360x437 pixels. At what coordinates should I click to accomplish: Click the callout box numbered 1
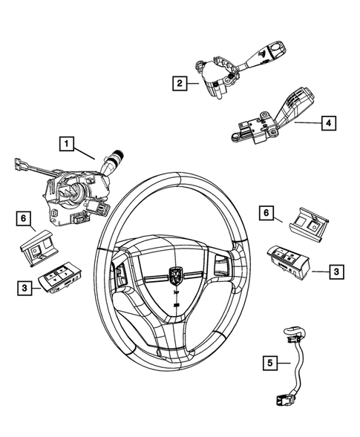point(68,143)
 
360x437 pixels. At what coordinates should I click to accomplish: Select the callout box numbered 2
point(179,83)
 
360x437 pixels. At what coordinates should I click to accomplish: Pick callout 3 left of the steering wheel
point(24,287)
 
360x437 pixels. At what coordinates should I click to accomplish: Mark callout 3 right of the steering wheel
point(337,273)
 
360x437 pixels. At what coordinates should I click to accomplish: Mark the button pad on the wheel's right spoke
point(222,263)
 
